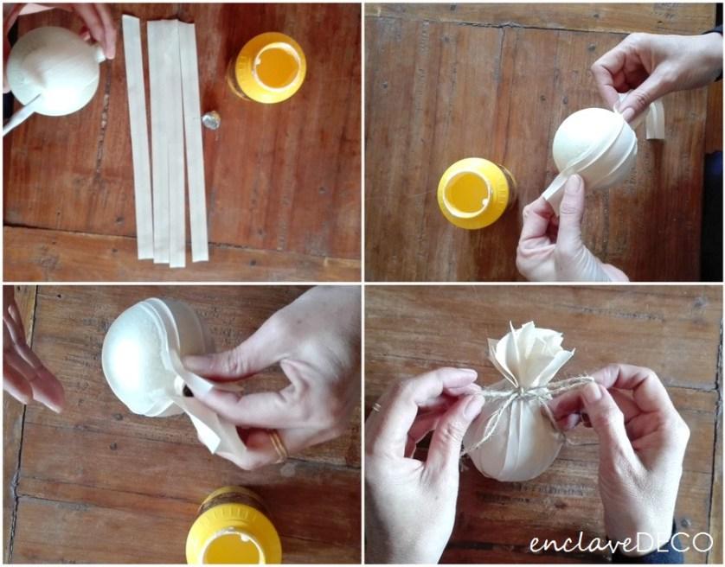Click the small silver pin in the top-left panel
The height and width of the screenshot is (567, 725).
point(211,119)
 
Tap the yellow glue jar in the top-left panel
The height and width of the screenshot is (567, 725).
point(267,67)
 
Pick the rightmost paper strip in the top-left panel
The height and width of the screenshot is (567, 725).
point(194,141)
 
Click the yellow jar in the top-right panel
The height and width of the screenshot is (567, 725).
point(476,193)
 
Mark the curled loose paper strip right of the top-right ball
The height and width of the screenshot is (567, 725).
point(655,121)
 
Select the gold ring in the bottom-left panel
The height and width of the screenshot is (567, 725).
point(279,446)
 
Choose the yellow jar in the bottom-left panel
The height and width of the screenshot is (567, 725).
point(234,526)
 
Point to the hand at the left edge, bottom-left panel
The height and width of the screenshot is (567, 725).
point(30,356)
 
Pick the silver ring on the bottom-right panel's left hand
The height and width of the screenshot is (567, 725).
point(377,408)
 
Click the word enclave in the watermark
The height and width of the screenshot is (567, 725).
point(582,543)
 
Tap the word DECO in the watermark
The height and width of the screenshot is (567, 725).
point(674,542)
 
